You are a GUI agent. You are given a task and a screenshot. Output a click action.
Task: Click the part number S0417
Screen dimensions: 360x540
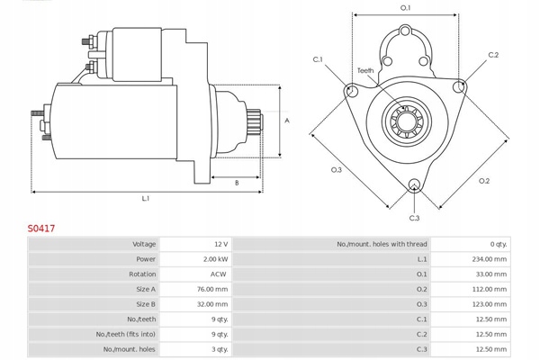pyautogui.click(x=41, y=229)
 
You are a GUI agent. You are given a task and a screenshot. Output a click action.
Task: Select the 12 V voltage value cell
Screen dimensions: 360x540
pyautogui.click(x=220, y=244)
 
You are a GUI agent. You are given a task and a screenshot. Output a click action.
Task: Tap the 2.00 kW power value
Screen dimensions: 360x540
pyautogui.click(x=214, y=259)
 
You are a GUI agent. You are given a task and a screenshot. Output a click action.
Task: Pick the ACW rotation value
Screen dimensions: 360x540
pyautogui.click(x=218, y=274)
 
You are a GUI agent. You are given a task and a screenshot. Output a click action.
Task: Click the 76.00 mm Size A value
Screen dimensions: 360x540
pyautogui.click(x=211, y=289)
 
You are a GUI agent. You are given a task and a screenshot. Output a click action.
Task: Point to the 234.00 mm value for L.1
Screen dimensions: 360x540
pyautogui.click(x=489, y=259)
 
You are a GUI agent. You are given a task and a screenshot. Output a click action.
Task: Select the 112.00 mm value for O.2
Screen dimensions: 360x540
pyautogui.click(x=489, y=289)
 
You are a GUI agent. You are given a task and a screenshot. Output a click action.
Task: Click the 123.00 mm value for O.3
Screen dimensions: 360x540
pyautogui.click(x=489, y=304)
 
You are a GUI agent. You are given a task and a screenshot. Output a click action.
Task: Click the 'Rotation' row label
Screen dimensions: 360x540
pyautogui.click(x=142, y=274)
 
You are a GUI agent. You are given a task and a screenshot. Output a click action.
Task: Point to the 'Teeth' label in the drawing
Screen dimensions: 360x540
pyautogui.click(x=364, y=70)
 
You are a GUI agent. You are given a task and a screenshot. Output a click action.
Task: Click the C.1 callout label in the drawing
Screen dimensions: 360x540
pyautogui.click(x=318, y=59)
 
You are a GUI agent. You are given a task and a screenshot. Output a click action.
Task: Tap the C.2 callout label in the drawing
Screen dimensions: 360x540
pyautogui.click(x=493, y=55)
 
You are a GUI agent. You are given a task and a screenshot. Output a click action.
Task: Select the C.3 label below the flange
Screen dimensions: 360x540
pyautogui.click(x=414, y=218)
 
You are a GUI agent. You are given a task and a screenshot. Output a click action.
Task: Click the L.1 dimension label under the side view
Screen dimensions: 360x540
pyautogui.click(x=145, y=198)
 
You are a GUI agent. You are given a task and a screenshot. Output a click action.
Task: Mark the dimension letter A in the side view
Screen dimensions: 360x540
pyautogui.click(x=287, y=120)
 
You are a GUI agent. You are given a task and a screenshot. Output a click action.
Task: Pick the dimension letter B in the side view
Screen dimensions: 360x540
pyautogui.click(x=236, y=183)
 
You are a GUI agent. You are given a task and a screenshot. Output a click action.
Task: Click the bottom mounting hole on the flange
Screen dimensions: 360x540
pyautogui.click(x=414, y=186)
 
